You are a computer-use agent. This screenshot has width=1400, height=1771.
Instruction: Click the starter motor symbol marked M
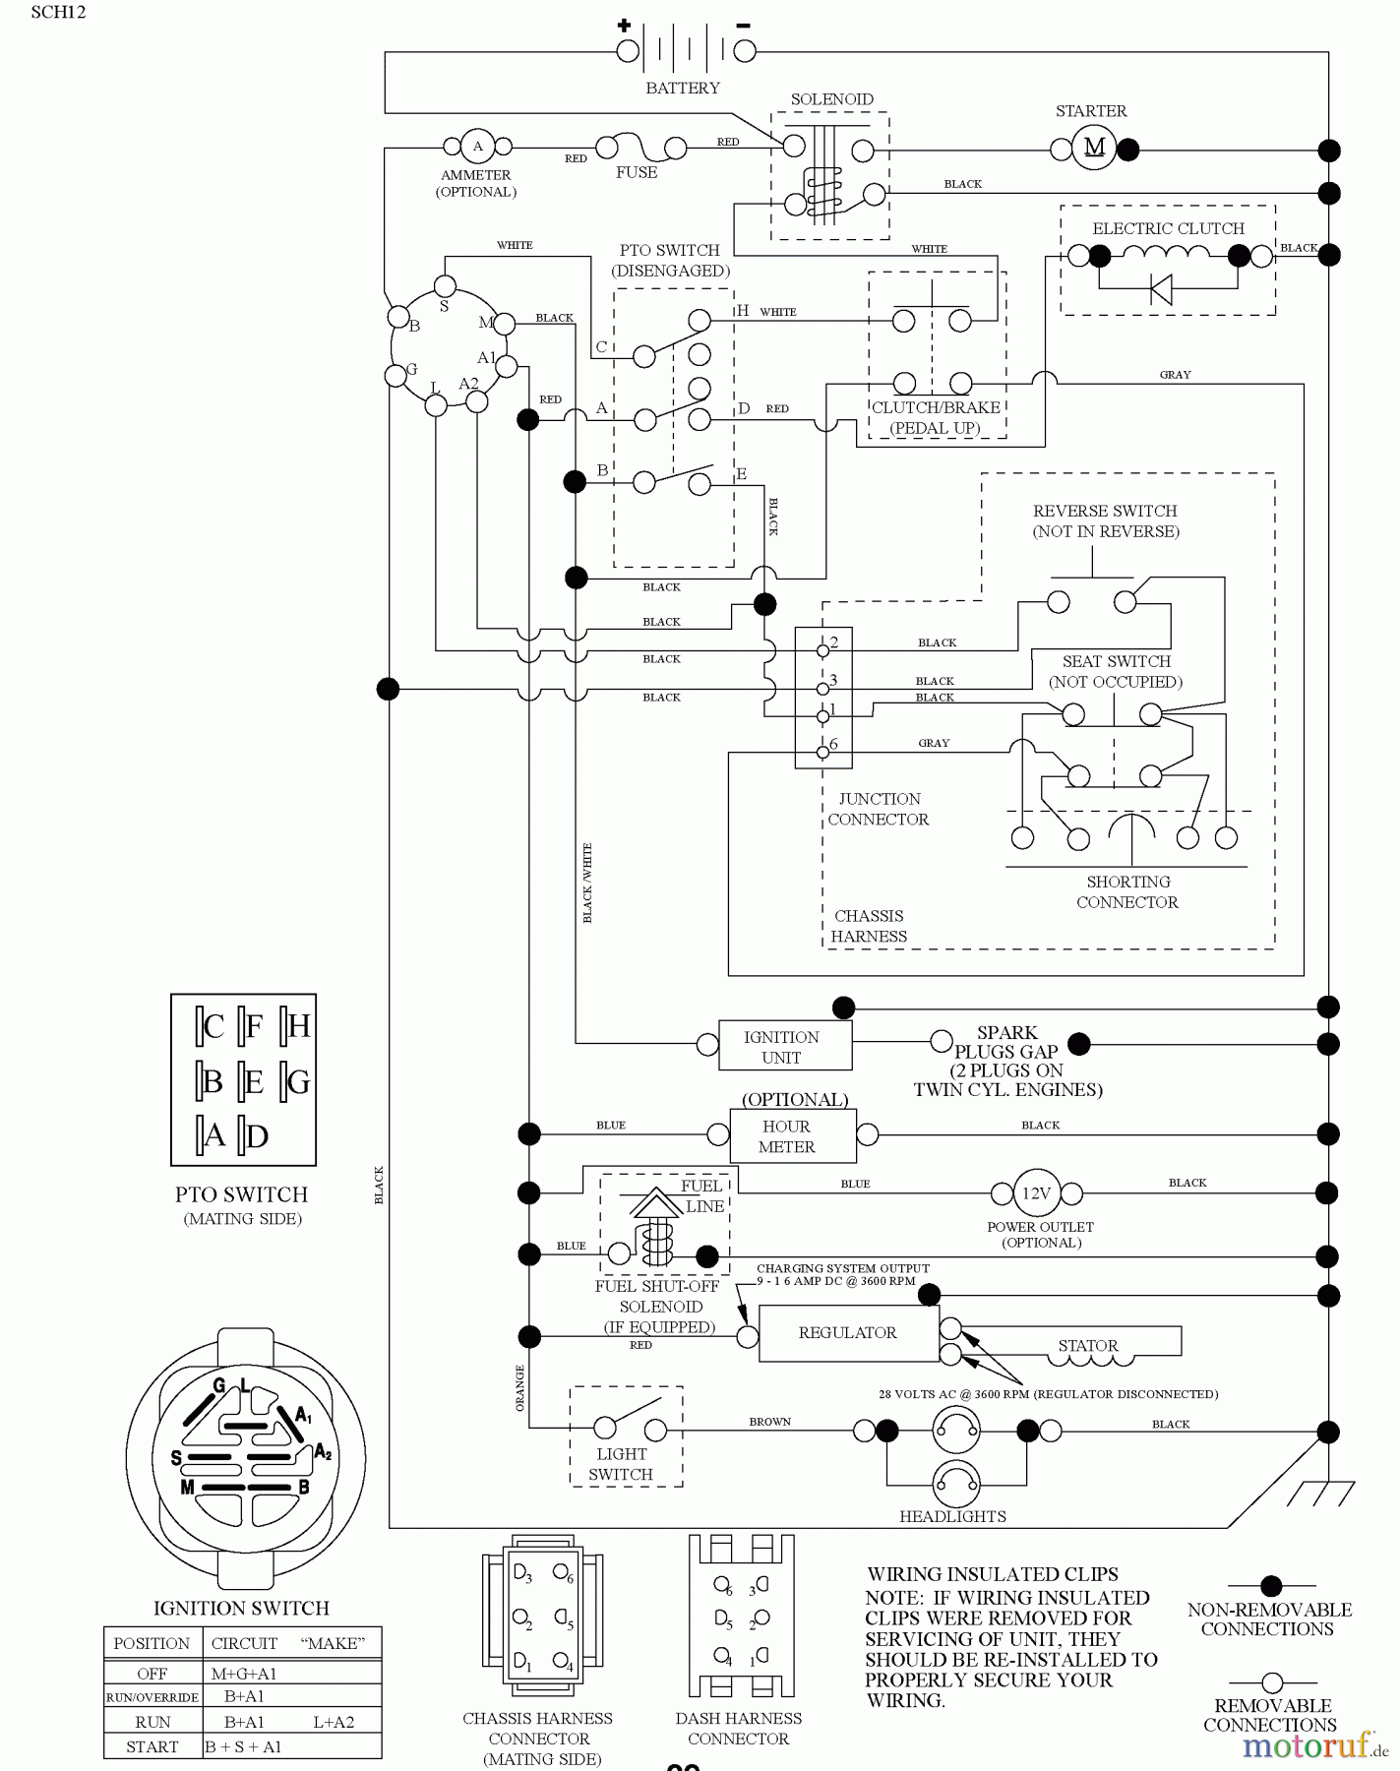(x=1094, y=150)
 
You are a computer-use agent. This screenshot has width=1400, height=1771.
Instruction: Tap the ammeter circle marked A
(x=477, y=147)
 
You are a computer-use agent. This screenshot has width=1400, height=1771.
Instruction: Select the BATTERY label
(x=682, y=88)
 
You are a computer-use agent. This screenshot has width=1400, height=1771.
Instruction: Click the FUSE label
(x=636, y=172)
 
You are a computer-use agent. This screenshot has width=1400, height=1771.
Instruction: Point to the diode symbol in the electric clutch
(x=1161, y=288)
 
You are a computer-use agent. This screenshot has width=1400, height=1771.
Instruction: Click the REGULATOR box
(x=848, y=1333)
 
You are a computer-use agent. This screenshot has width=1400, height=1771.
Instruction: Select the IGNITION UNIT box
(x=783, y=1047)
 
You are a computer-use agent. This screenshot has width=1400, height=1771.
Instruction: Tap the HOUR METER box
(x=787, y=1136)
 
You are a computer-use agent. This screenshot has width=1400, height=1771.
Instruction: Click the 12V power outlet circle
(x=1036, y=1193)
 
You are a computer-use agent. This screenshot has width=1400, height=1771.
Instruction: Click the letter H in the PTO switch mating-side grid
(x=299, y=1027)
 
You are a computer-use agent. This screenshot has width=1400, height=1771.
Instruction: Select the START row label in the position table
(x=152, y=1746)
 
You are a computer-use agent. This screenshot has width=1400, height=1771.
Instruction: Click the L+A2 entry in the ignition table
(x=334, y=1722)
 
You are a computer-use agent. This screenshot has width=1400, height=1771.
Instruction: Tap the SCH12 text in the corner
(x=58, y=13)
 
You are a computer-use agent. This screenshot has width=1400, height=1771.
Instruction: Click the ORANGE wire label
(x=519, y=1388)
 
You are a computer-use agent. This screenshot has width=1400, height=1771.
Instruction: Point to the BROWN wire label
(x=769, y=1422)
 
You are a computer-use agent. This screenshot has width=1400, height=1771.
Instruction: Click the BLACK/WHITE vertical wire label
(x=587, y=883)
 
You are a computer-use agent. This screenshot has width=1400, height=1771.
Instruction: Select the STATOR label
(x=1087, y=1345)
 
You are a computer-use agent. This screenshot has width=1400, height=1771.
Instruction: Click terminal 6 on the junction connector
(x=823, y=753)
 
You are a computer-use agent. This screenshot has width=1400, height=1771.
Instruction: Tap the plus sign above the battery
(x=624, y=25)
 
